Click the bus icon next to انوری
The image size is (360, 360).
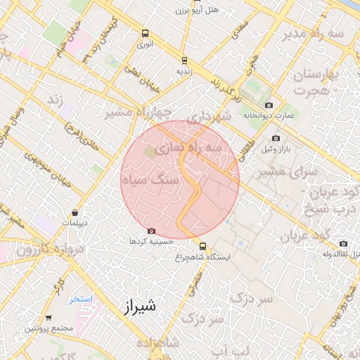pos(145,33)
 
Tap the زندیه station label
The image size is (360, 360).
pos(184,71)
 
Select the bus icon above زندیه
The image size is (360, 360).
pos(184,60)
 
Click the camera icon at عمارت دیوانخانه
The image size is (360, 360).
pos(269,105)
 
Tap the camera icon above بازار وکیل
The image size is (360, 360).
pos(276,138)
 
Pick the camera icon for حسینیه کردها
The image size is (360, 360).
pos(151,231)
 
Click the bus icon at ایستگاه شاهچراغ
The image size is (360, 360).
pos(202,247)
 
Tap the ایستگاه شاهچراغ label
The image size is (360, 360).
pos(205,257)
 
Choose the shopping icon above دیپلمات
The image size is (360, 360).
pos(75,212)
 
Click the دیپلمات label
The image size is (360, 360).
pos(75,223)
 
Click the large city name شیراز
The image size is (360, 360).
pos(137,307)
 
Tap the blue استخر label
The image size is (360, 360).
pos(80,299)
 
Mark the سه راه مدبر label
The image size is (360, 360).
pos(314,33)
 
